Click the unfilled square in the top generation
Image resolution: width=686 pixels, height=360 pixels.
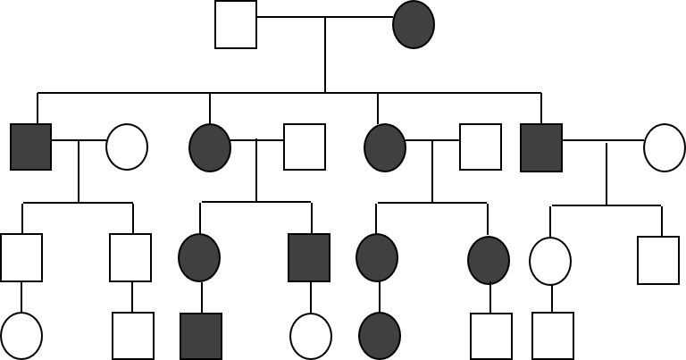(236, 25)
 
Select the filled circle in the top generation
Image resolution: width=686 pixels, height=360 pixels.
(414, 25)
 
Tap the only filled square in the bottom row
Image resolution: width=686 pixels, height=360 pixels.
(201, 336)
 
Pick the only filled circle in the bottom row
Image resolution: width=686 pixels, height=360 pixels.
(380, 336)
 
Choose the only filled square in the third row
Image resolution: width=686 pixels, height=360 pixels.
(309, 257)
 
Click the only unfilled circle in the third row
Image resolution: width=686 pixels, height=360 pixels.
(550, 261)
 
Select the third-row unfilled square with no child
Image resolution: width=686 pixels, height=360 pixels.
(658, 261)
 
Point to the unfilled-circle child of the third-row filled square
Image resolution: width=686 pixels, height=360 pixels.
(311, 336)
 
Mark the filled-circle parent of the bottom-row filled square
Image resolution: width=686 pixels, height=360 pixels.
(199, 257)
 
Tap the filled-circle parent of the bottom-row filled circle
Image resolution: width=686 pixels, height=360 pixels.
(377, 257)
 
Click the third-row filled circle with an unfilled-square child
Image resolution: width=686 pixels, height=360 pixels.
(489, 260)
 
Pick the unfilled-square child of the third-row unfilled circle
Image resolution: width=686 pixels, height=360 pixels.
(553, 336)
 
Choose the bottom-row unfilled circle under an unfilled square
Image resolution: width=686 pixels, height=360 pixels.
(21, 336)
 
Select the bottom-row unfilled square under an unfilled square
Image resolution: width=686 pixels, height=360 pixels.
(133, 336)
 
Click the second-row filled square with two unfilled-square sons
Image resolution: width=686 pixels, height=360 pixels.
(31, 147)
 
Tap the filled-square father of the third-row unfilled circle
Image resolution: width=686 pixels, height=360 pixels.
(541, 147)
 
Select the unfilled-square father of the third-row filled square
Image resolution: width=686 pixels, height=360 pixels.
(305, 147)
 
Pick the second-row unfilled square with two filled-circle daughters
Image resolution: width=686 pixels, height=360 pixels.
(481, 147)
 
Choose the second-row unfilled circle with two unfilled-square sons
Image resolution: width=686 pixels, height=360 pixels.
(127, 147)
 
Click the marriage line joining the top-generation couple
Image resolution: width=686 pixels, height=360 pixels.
(325, 17)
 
